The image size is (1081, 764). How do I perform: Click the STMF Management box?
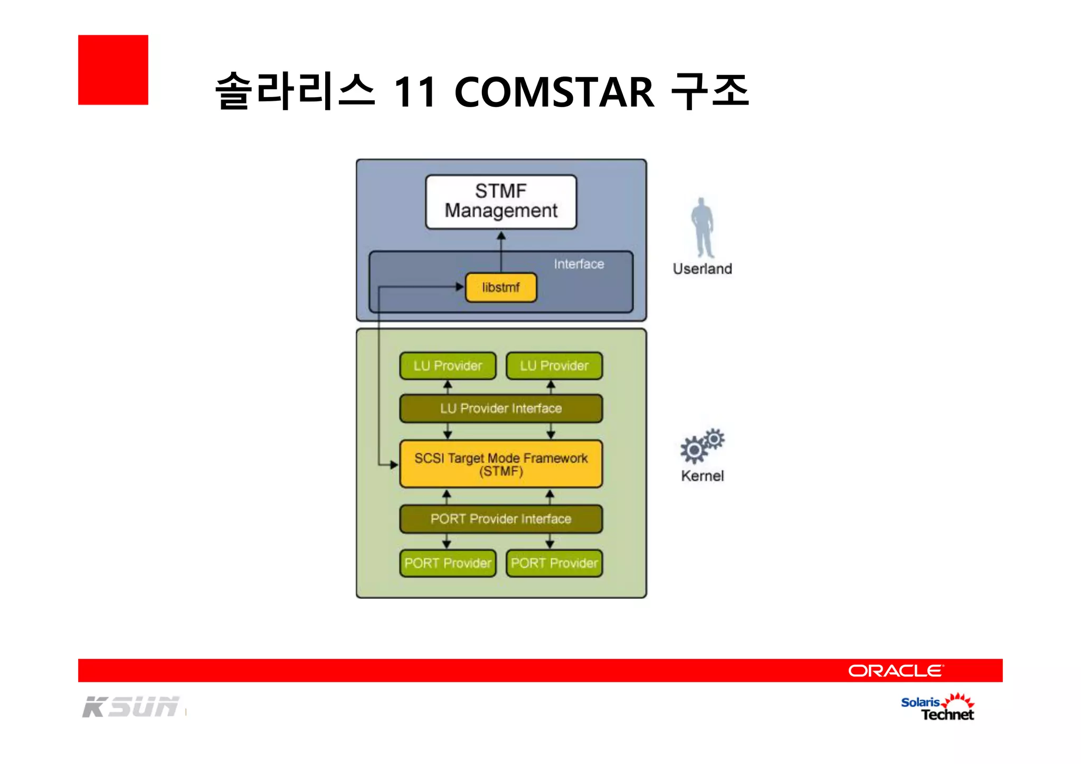(x=500, y=202)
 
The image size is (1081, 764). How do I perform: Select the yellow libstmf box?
(x=500, y=288)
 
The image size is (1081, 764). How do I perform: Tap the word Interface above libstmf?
(x=579, y=264)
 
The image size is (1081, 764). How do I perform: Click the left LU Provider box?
(x=448, y=366)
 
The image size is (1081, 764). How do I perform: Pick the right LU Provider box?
(x=554, y=366)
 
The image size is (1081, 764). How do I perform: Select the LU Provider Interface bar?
(x=500, y=408)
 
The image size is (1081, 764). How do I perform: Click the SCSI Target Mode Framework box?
(x=500, y=464)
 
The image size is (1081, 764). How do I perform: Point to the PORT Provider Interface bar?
(x=500, y=519)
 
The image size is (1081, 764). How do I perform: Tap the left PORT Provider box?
(x=448, y=563)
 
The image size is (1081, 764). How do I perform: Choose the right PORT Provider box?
(x=554, y=563)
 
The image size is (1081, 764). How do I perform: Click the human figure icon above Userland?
(x=703, y=227)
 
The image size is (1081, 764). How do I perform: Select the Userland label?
(x=702, y=269)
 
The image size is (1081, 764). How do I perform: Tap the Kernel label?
(x=702, y=476)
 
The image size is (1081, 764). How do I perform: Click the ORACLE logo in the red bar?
(x=895, y=671)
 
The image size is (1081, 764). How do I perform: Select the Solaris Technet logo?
(x=937, y=708)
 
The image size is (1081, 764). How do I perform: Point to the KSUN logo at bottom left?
(x=130, y=707)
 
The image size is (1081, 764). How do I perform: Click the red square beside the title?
(x=113, y=70)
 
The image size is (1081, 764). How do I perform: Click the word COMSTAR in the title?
(x=554, y=92)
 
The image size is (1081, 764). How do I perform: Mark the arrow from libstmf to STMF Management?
(x=501, y=252)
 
